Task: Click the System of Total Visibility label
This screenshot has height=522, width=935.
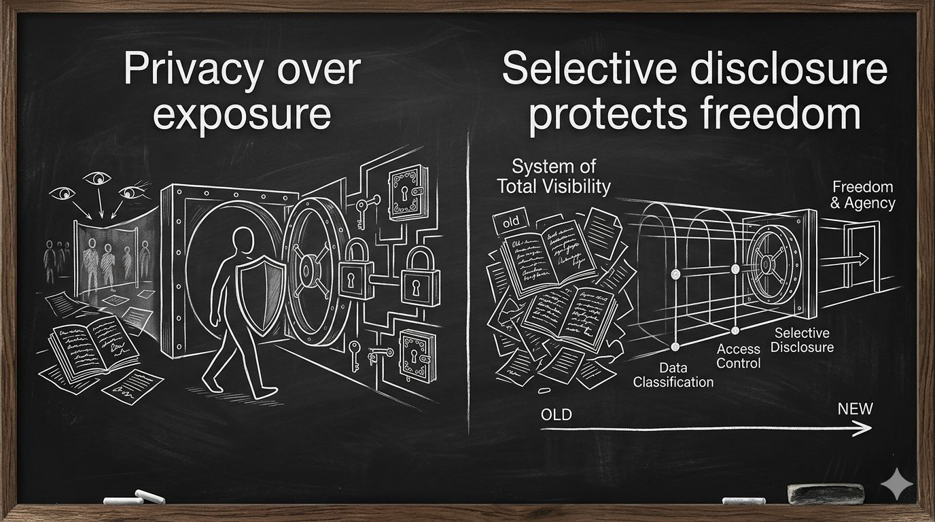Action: [x=553, y=177]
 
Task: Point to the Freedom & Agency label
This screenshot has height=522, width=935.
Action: [x=863, y=194]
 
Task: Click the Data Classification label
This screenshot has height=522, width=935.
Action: [x=673, y=375]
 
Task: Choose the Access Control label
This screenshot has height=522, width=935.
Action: [x=739, y=355]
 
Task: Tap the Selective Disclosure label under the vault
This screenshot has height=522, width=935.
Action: [x=802, y=340]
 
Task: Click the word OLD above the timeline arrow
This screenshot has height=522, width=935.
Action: [x=556, y=415]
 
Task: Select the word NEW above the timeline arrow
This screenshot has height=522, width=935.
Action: [x=855, y=408]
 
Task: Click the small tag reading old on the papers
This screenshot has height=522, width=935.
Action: [x=510, y=222]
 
